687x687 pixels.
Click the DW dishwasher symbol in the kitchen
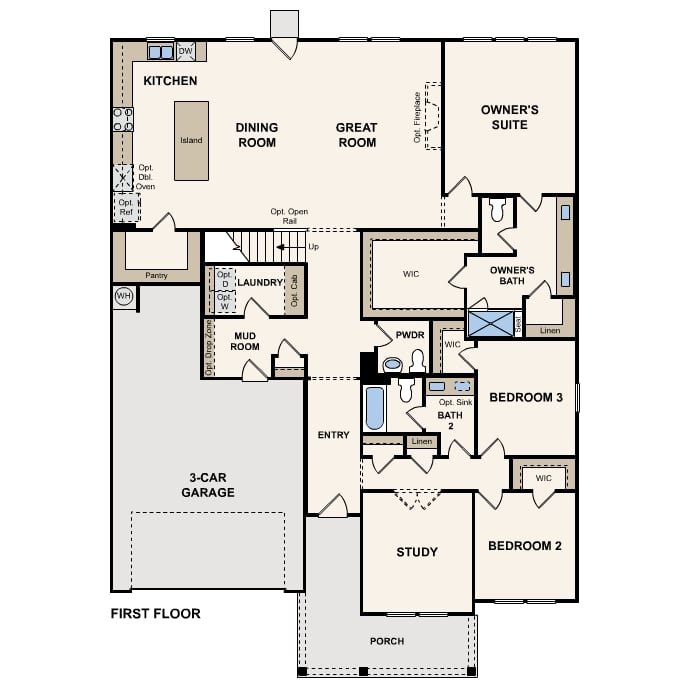pos(185,51)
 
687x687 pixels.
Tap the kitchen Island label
pos(191,140)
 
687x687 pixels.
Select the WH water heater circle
pos(124,297)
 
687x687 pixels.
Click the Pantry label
pos(156,276)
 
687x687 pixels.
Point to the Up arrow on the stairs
pos(290,247)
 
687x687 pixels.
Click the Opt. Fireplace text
pos(417,117)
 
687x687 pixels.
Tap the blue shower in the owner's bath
pos(491,324)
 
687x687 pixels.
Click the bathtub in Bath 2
pos(375,408)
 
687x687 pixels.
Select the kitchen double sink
pos(161,52)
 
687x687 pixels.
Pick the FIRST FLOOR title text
pos(156,613)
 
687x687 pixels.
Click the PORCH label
pos(387,641)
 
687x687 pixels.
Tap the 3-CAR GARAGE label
pos(208,485)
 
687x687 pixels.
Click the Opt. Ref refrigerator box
pos(127,208)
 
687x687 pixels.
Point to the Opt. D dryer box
pos(225,279)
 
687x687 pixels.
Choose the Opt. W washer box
pos(225,301)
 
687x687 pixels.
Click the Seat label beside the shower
pos(518,324)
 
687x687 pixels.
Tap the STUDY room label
pos(417,552)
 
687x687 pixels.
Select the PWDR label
pos(410,335)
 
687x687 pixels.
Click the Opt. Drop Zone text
pos(209,347)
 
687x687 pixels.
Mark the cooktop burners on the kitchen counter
pos(123,120)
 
